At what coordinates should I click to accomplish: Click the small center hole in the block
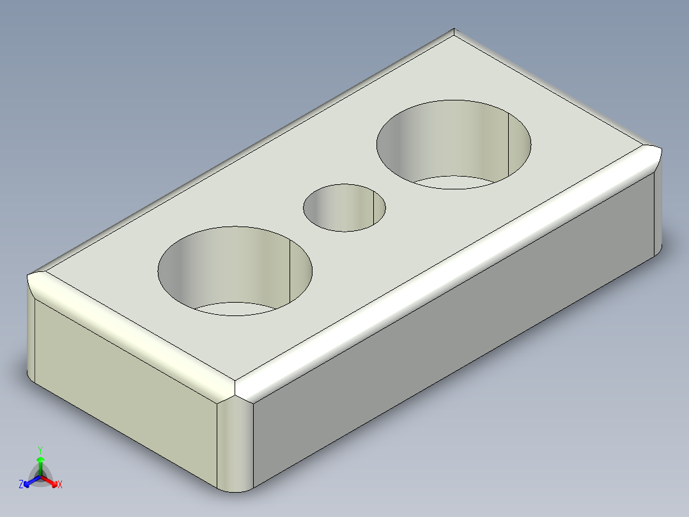[x=344, y=207]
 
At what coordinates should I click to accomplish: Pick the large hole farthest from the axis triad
[x=454, y=144]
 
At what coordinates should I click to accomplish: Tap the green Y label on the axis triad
[x=40, y=449]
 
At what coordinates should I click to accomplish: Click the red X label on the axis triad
[x=60, y=485]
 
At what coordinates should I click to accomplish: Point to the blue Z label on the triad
[x=21, y=485]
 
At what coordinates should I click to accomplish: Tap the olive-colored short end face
[x=121, y=397]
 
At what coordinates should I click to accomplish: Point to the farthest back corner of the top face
[x=454, y=31]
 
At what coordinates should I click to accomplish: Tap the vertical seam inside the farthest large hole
[x=507, y=144]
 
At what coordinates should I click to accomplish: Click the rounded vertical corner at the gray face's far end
[x=658, y=211]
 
